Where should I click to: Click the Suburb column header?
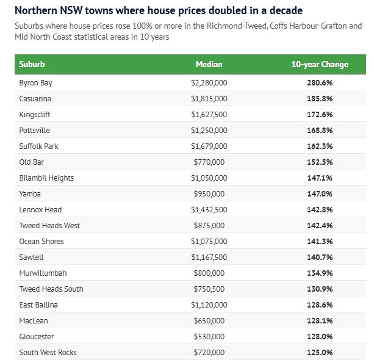click(x=32, y=64)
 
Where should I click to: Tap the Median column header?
click(x=209, y=64)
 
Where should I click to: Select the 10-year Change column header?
click(x=320, y=64)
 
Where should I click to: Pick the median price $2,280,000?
click(x=209, y=82)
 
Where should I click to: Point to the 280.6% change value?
click(x=320, y=82)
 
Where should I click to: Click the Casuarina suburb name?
click(x=35, y=98)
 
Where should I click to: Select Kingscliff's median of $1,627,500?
click(x=209, y=114)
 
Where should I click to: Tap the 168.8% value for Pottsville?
click(x=320, y=130)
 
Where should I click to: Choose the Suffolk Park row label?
click(x=38, y=146)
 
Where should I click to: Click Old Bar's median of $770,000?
click(x=209, y=162)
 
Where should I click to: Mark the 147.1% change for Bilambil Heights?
click(x=320, y=178)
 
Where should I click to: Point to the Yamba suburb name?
click(x=30, y=193)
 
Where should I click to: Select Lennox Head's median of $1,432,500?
click(x=209, y=209)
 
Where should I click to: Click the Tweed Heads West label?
click(x=49, y=225)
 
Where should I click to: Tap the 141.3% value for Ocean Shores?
click(x=320, y=241)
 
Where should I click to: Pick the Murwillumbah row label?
click(x=42, y=273)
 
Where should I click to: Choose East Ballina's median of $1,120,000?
click(x=209, y=304)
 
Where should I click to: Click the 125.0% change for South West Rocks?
click(x=320, y=352)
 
